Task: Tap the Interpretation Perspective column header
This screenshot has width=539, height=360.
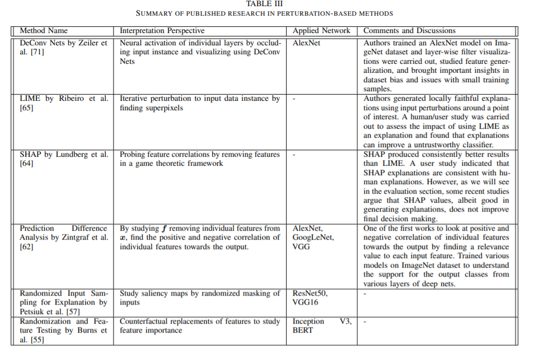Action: click(x=162, y=31)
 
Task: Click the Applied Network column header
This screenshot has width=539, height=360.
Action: click(x=321, y=31)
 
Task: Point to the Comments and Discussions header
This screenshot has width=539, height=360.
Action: click(x=410, y=31)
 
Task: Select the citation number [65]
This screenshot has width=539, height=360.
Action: click(x=26, y=108)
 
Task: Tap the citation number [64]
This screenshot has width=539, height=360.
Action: click(x=26, y=163)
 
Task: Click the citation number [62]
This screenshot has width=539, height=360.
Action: click(x=26, y=246)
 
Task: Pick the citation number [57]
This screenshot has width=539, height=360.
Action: click(x=74, y=311)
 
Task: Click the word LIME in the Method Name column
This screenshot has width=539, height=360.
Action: click(x=30, y=99)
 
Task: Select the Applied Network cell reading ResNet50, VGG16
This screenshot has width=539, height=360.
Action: click(x=311, y=297)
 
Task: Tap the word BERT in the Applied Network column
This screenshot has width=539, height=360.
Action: click(x=303, y=330)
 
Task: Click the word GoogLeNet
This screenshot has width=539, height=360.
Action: click(x=313, y=237)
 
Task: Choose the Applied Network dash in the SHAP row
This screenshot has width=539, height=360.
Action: click(x=294, y=155)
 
